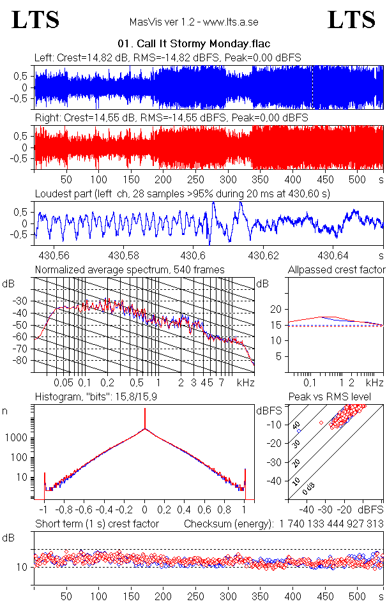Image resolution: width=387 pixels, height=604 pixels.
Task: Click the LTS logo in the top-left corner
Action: coord(36,20)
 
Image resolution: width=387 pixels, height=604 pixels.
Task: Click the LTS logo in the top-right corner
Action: coord(351,20)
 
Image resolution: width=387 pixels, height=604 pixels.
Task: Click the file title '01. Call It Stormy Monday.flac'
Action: coord(194,44)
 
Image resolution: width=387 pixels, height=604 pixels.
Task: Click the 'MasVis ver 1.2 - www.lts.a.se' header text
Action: coord(193,22)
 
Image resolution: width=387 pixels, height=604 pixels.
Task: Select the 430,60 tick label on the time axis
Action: coord(193,256)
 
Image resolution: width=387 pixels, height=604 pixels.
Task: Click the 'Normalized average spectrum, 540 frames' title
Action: coord(130,270)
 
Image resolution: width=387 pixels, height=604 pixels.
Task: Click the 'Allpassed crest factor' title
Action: coord(337,270)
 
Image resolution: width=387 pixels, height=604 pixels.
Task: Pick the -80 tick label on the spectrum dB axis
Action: coord(22,361)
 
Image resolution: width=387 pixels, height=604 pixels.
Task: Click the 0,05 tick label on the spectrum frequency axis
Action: coord(63,382)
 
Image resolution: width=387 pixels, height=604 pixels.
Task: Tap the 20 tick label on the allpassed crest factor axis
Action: coord(276,309)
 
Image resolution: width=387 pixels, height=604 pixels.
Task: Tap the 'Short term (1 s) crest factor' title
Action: coord(96,524)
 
